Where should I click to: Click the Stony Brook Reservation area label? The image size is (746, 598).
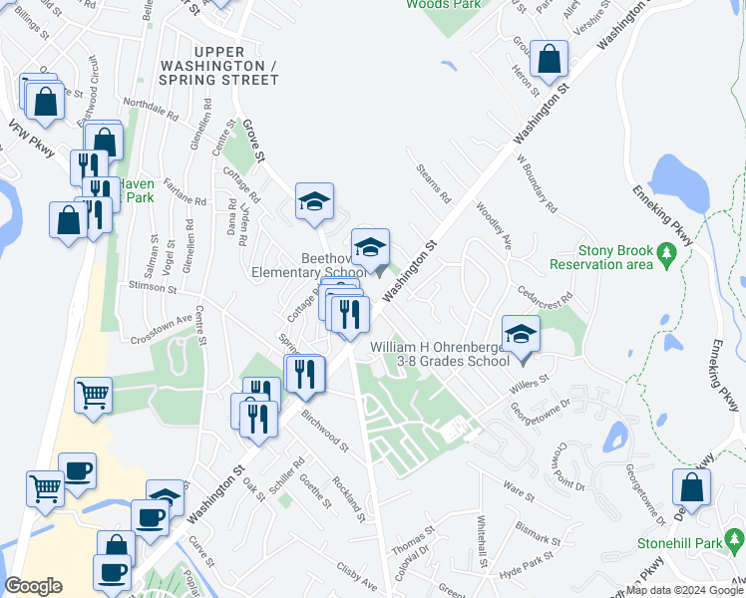click(x=601, y=257)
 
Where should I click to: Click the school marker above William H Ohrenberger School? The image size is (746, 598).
click(x=521, y=335)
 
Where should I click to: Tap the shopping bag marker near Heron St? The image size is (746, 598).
click(x=549, y=60)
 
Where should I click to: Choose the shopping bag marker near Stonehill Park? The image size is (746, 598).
click(x=691, y=488)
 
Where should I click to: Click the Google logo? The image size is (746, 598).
click(x=34, y=586)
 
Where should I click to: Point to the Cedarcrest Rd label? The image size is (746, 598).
click(x=545, y=294)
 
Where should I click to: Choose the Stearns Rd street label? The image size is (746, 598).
click(x=435, y=183)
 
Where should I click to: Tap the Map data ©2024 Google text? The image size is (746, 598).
click(x=685, y=590)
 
